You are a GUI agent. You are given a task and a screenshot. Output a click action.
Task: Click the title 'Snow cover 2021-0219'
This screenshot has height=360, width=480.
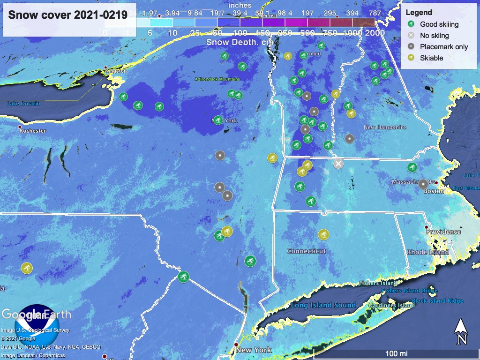point(68,15)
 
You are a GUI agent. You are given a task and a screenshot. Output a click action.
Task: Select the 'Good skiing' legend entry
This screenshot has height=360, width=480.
point(439,24)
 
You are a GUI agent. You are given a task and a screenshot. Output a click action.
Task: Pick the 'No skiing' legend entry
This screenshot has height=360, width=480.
point(434,36)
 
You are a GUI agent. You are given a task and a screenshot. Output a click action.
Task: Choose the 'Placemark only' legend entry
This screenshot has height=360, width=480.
point(443,47)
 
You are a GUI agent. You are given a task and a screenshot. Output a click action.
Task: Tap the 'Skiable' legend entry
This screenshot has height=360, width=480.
point(431,58)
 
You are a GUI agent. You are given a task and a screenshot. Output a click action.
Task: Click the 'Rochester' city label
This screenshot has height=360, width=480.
point(32,131)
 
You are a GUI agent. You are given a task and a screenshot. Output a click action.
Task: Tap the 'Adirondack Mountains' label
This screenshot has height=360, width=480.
point(217,79)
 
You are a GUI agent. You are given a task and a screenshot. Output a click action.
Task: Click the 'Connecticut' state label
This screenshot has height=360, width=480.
point(306,251)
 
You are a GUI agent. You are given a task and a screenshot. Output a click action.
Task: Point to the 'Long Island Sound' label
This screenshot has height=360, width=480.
point(323,305)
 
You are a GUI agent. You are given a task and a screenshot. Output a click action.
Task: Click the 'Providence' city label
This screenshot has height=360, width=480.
point(443,232)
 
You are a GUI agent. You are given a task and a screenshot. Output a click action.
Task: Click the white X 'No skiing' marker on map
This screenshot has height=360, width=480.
point(338,164)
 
